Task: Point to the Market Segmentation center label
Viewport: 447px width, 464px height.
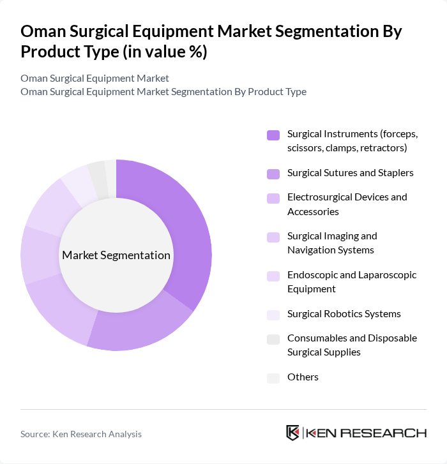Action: click(x=116, y=255)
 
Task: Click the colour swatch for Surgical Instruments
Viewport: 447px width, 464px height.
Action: click(x=273, y=135)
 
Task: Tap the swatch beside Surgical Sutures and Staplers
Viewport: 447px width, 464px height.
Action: click(x=273, y=173)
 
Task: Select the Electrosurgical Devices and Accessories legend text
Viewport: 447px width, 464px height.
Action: click(x=347, y=204)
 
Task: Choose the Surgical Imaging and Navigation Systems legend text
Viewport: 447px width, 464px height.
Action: click(x=332, y=243)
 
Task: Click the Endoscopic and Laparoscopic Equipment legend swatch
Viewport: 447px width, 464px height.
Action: click(x=273, y=276)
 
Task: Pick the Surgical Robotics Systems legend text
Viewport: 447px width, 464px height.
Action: click(x=344, y=314)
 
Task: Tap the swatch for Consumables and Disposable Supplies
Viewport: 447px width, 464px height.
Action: click(x=273, y=339)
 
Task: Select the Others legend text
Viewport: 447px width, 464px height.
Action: click(x=303, y=377)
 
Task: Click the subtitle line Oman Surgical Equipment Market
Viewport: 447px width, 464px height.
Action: click(x=95, y=79)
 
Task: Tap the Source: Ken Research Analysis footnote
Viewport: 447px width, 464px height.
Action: click(x=81, y=434)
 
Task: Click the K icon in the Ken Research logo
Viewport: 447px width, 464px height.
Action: click(x=293, y=433)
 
